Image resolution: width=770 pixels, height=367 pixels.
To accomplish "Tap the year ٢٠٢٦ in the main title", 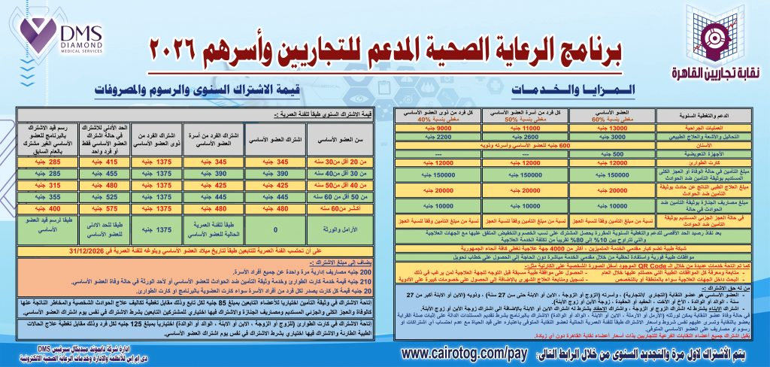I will pos(178,53).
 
